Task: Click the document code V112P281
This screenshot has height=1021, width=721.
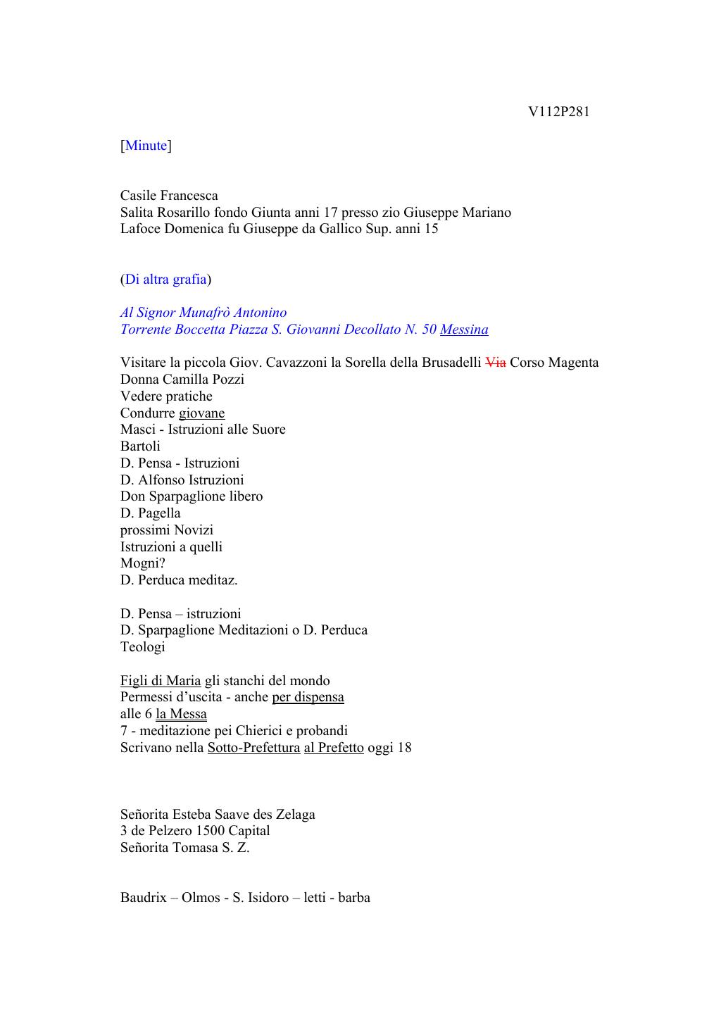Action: pos(558,112)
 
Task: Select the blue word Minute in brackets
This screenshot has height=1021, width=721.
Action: pos(146,146)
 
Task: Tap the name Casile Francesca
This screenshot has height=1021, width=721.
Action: pos(169,196)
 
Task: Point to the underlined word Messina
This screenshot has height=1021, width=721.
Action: pos(464,330)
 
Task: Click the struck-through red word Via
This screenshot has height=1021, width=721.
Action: pos(496,363)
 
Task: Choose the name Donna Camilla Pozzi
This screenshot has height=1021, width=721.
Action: pos(182,380)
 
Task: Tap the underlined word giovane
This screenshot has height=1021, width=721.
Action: pos(201,413)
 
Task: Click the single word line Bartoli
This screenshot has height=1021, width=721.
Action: pos(140,446)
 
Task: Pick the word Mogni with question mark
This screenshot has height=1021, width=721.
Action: pos(142,563)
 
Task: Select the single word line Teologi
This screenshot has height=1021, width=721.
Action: pos(142,647)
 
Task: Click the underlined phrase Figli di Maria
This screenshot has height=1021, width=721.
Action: pos(161,681)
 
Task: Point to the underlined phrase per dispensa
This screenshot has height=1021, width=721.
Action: pos(308,697)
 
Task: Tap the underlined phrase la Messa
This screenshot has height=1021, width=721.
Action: pos(181,714)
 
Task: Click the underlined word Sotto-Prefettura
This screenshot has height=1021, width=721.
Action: pos(253,748)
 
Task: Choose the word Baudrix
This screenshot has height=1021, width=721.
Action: pos(144,898)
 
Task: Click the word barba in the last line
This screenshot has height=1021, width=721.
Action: pos(354,898)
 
